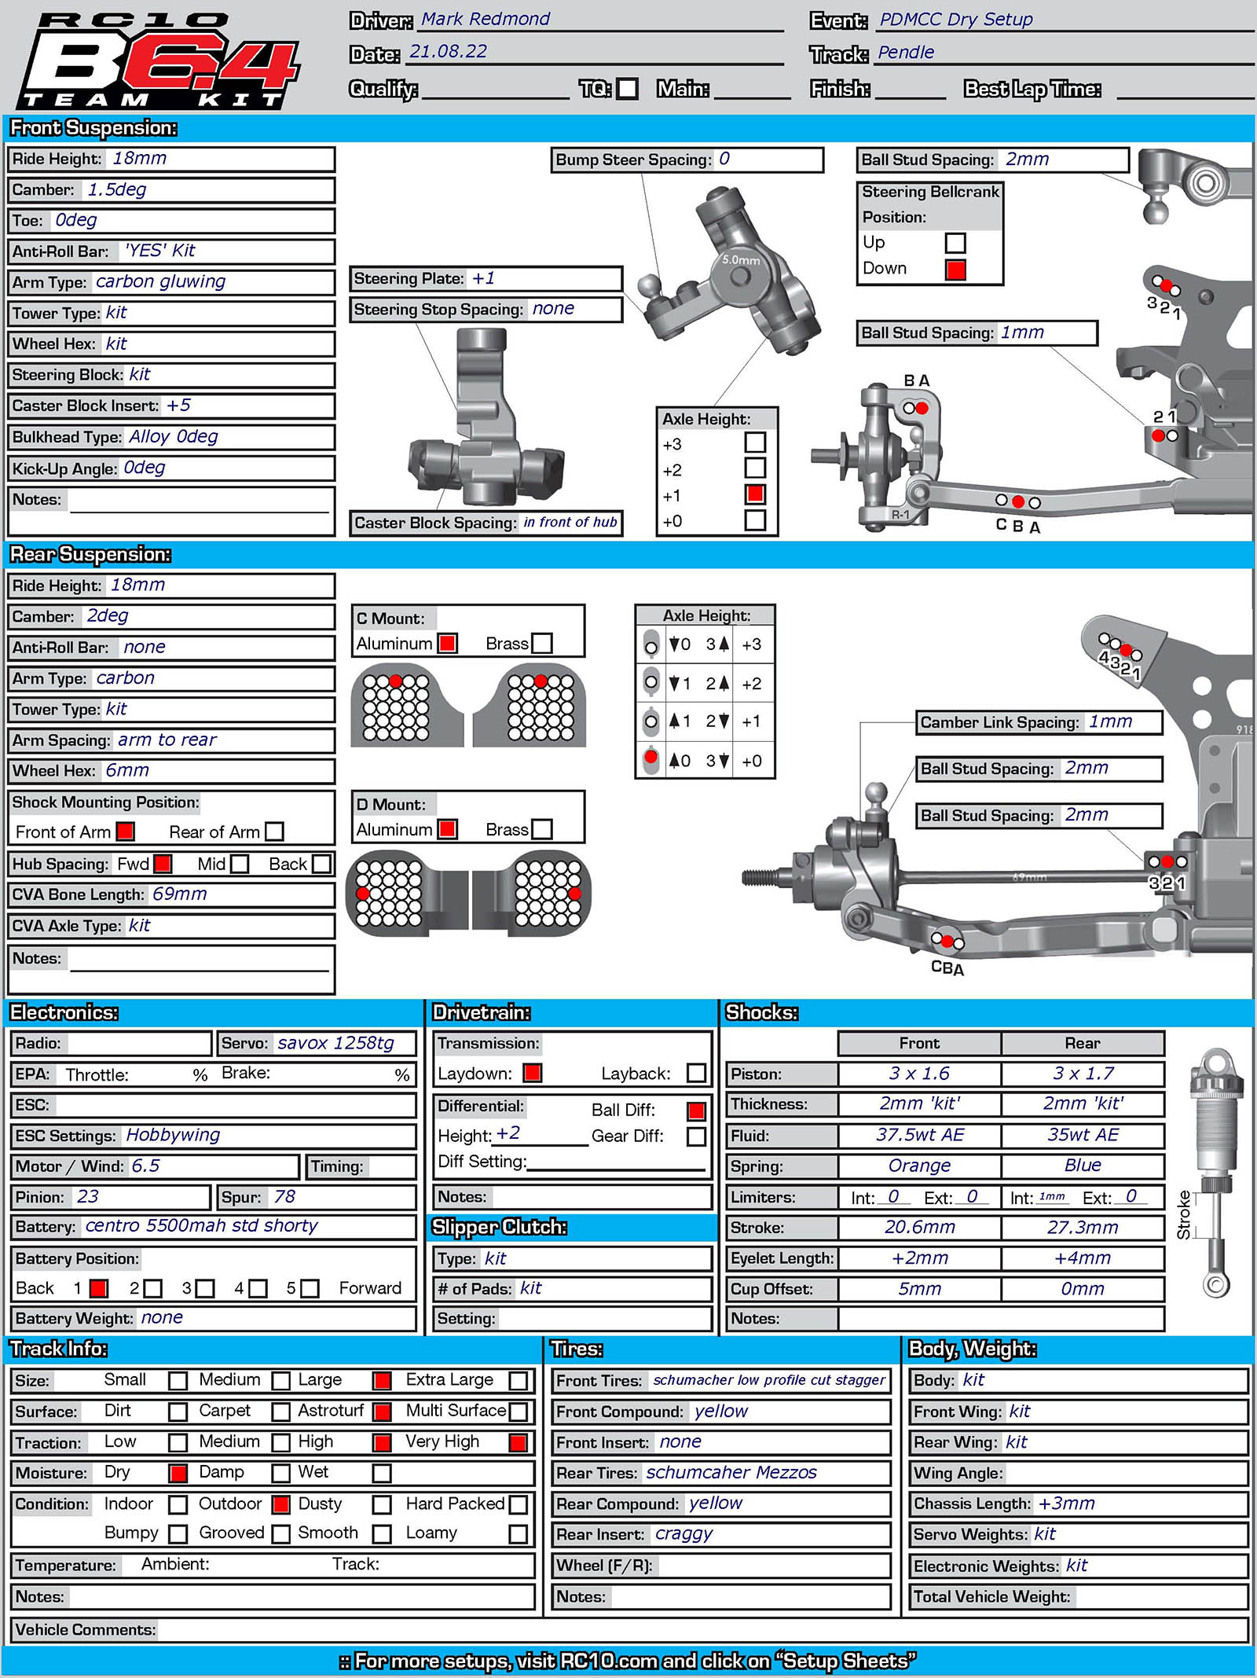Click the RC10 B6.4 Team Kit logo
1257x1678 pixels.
click(x=157, y=61)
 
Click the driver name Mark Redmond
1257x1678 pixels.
click(x=485, y=19)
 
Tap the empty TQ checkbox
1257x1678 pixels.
click(x=627, y=88)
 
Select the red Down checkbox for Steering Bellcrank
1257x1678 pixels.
click(x=955, y=270)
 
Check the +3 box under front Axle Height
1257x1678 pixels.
click(x=755, y=442)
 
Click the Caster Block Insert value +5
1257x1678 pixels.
click(x=178, y=406)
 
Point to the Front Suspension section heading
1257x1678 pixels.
click(x=93, y=128)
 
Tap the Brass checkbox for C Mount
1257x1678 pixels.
click(x=542, y=644)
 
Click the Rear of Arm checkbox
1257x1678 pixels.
click(x=274, y=832)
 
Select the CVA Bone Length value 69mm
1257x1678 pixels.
click(x=179, y=894)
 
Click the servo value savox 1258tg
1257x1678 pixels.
click(x=335, y=1043)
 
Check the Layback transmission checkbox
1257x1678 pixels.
click(x=696, y=1073)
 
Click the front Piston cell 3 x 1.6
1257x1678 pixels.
click(x=918, y=1074)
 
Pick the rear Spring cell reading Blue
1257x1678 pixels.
click(x=1082, y=1166)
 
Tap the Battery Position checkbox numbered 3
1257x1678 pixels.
click(x=205, y=1288)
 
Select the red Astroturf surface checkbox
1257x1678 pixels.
click(x=383, y=1412)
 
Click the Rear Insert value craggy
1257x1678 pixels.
click(x=683, y=1534)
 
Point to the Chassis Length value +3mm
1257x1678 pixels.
click(x=1066, y=1504)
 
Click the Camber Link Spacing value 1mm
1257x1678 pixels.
click(x=1109, y=722)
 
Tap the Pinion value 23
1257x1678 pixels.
click(x=87, y=1197)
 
